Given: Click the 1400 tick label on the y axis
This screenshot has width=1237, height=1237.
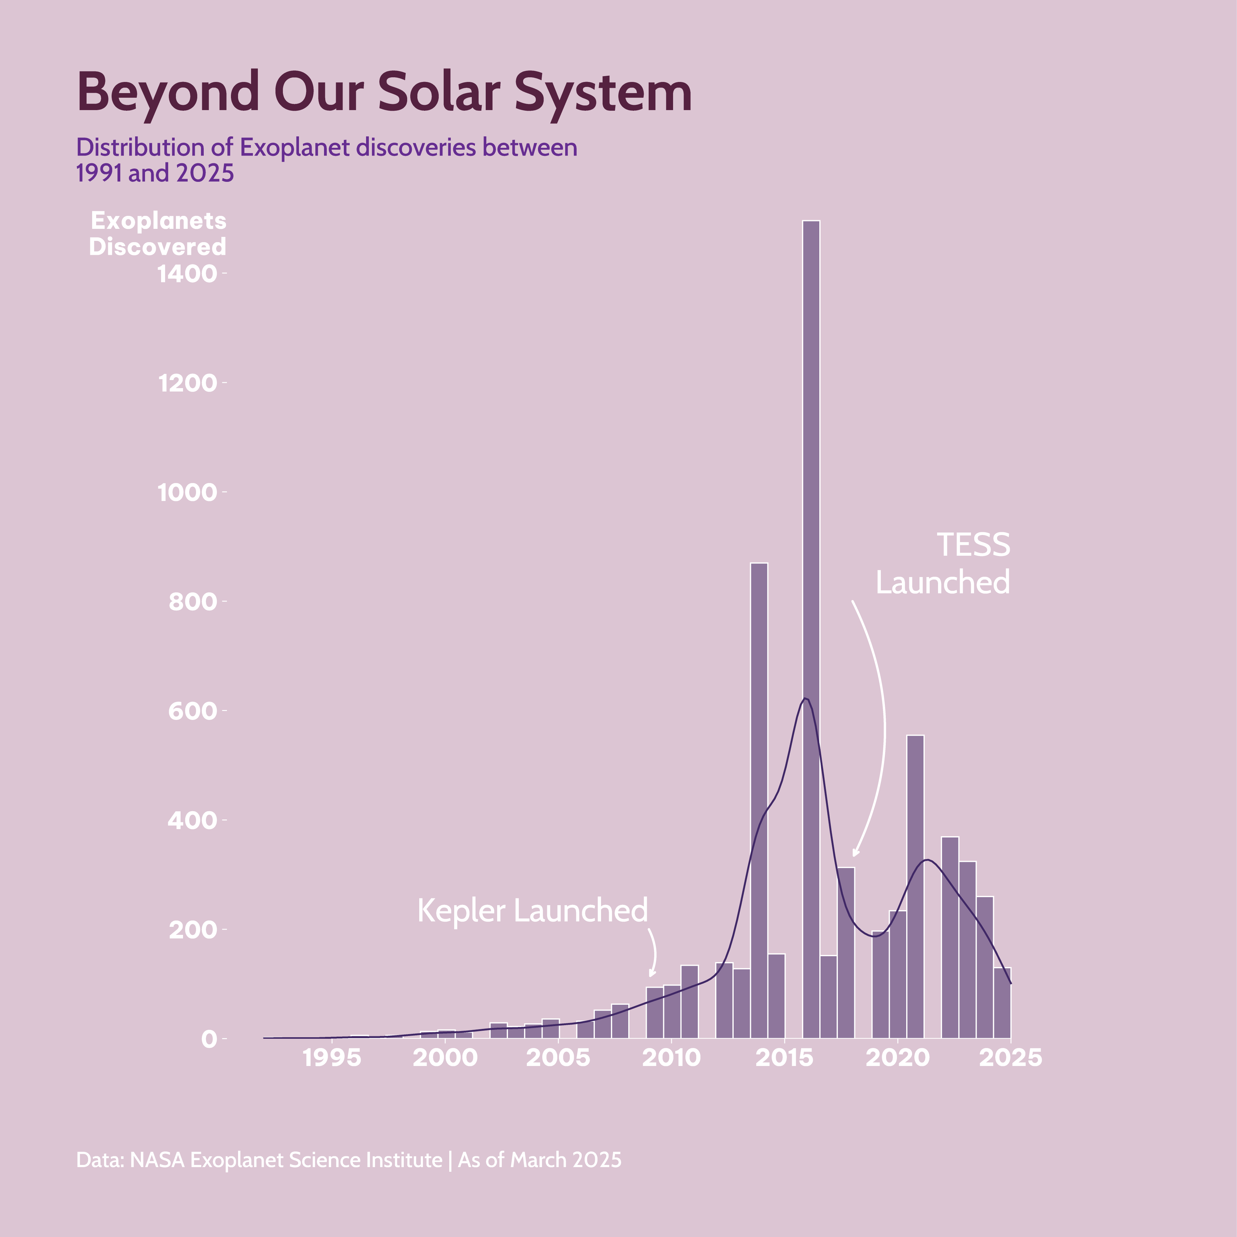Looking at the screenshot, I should click(x=187, y=274).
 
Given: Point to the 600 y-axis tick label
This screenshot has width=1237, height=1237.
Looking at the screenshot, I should click(x=192, y=711).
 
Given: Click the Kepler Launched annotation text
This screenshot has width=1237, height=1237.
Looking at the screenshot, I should click(x=532, y=910).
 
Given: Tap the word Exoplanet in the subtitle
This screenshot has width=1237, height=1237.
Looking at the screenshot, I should click(x=295, y=148).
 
